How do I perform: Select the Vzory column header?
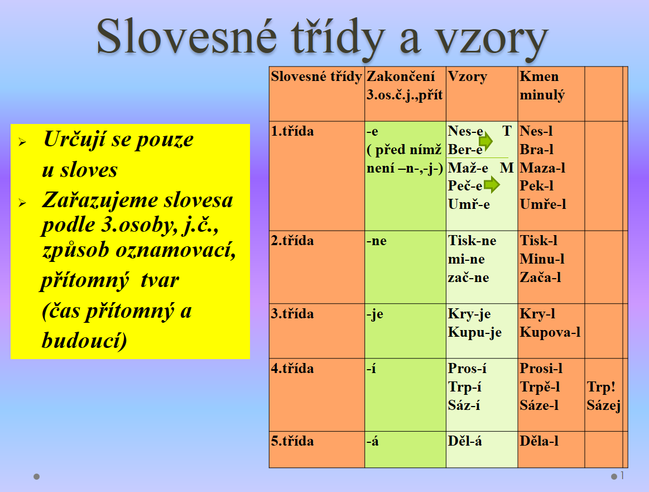(x=467, y=77)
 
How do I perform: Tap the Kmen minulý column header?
(x=542, y=86)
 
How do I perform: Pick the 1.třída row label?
(x=292, y=131)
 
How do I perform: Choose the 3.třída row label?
(x=292, y=313)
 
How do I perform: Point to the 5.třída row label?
(x=292, y=441)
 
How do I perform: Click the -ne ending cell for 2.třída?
(x=376, y=241)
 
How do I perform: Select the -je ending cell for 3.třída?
(x=374, y=314)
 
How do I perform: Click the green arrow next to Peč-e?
(x=492, y=184)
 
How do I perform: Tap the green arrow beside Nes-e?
(x=486, y=141)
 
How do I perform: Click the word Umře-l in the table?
(x=542, y=204)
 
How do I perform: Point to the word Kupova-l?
(x=550, y=332)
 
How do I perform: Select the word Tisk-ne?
(x=472, y=241)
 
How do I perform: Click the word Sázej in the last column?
(x=603, y=405)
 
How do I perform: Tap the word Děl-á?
(x=465, y=441)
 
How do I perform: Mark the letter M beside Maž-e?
(x=507, y=168)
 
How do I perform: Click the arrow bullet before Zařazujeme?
(x=22, y=203)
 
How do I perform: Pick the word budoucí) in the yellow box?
(x=84, y=341)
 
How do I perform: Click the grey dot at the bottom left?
(x=36, y=477)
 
